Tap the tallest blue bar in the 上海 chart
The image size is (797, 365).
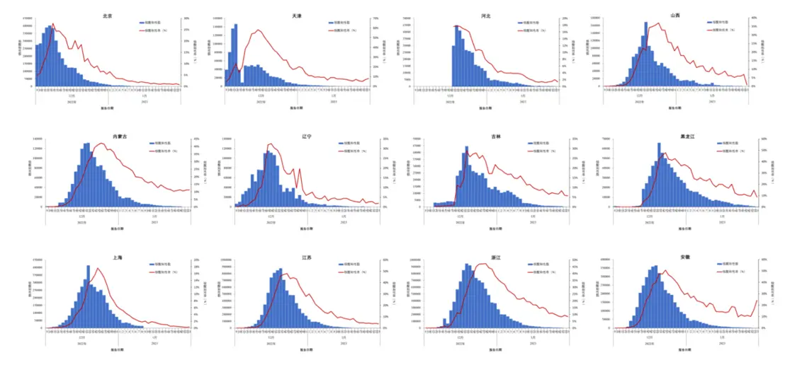[x=89, y=297]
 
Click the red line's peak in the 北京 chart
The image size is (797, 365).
[x=53, y=24]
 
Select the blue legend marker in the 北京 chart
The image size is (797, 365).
[x=142, y=23]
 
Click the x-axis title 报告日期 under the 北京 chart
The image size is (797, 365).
[x=106, y=108]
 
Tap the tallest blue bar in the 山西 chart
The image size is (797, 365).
[x=645, y=54]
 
